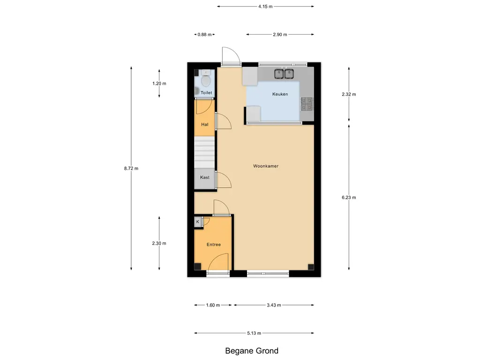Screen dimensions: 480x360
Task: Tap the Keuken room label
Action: (280, 94)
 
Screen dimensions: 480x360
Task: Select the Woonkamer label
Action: (266, 166)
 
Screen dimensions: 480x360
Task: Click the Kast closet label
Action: (205, 177)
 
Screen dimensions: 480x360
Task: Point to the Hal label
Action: (205, 124)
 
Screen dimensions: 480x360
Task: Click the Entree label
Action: (214, 245)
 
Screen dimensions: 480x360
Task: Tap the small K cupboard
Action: (198, 222)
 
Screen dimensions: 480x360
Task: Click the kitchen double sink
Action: (284, 74)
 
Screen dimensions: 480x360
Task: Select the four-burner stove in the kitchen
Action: (307, 104)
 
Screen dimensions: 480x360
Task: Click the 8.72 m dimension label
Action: (131, 168)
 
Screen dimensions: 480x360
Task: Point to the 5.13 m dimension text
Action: (254, 333)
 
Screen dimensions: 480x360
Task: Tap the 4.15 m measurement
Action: (265, 7)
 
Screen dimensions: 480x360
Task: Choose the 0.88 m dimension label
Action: (204, 35)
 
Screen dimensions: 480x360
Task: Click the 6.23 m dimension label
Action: (349, 197)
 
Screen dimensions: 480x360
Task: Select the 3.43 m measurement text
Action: (274, 305)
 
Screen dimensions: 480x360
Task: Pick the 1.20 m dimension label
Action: (159, 83)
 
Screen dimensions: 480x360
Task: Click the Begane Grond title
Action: (252, 351)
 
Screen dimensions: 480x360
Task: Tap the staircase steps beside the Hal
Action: (204, 152)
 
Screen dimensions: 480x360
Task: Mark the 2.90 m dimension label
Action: (280, 35)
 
